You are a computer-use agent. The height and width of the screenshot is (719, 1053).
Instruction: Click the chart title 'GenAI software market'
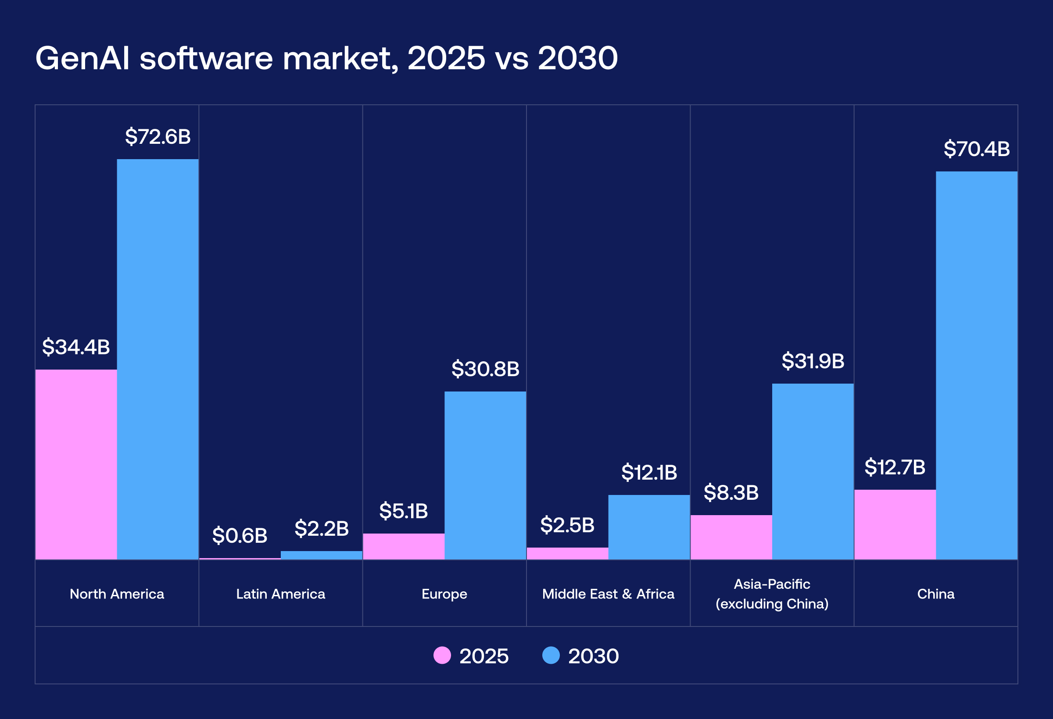tap(326, 58)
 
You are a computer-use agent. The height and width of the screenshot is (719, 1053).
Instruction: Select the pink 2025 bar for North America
tap(76, 464)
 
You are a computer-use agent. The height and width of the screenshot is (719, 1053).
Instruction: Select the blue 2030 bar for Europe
tap(485, 475)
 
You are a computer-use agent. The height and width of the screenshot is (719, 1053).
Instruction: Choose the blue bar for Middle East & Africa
tap(649, 527)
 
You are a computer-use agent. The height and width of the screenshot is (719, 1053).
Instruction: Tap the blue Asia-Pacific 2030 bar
tap(813, 471)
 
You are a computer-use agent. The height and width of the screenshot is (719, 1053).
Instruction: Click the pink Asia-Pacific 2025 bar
tap(731, 537)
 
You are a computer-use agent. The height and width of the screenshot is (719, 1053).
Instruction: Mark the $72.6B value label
tap(158, 137)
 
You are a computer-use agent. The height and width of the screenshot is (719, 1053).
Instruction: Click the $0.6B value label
tap(240, 536)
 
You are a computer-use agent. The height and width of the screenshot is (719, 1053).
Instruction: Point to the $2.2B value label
tap(322, 528)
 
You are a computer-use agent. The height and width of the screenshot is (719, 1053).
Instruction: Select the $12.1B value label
tap(649, 472)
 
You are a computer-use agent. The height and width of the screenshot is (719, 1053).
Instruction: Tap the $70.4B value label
tap(976, 149)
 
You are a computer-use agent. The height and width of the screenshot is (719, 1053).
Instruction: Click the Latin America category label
tap(280, 594)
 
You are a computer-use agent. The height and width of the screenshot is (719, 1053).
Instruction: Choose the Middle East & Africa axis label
tap(608, 594)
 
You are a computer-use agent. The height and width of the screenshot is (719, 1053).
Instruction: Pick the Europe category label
tap(444, 594)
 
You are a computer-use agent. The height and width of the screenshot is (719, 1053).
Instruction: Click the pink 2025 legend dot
tap(442, 655)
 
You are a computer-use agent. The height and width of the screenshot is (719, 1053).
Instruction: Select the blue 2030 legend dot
tap(551, 655)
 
